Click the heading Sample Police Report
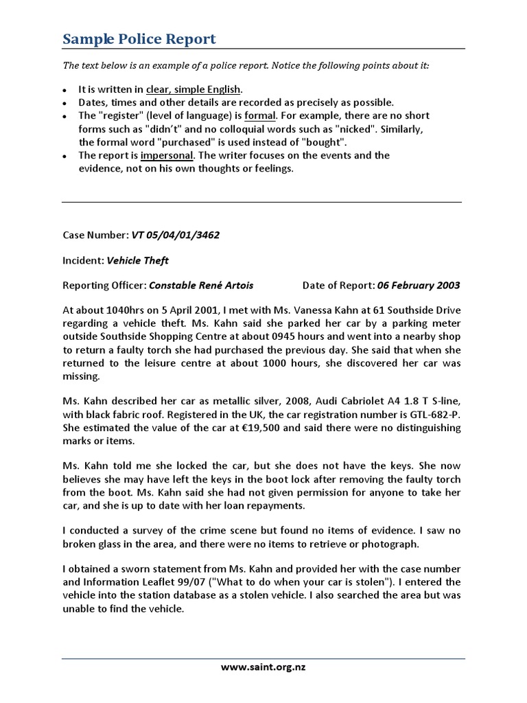click(139, 38)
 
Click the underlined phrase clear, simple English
click(194, 89)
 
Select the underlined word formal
click(260, 115)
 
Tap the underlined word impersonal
click(167, 155)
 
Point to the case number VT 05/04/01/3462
click(175, 235)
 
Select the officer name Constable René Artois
click(201, 286)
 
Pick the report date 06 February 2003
click(419, 286)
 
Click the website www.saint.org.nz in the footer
click(263, 667)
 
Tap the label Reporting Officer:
click(104, 286)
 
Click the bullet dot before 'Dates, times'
click(65, 103)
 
